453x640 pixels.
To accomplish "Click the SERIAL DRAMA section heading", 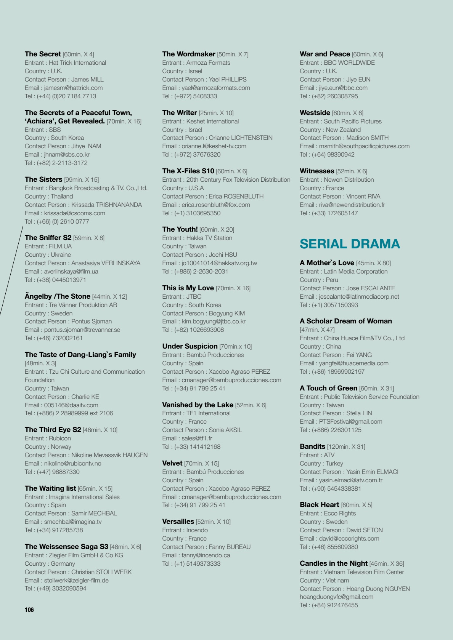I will point(350,244).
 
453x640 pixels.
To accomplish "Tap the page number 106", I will point(29,610).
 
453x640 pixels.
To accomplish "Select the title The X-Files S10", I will point(188,171).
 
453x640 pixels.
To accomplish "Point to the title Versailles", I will point(178,522).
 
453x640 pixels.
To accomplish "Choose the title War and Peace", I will point(325,54).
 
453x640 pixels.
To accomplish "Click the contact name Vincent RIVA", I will point(363,196).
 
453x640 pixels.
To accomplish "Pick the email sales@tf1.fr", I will point(197,438).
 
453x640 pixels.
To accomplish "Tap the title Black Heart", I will point(319,505).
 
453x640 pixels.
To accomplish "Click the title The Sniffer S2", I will point(48,238).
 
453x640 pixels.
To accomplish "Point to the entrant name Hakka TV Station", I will point(209,238).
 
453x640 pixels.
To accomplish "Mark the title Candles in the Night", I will point(334,563).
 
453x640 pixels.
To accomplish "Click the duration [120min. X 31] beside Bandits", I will point(346,446).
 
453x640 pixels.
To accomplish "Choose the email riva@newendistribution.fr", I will point(352,205).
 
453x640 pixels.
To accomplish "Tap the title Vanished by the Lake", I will point(198,405).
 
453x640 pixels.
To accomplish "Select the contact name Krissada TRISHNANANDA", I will point(106,205).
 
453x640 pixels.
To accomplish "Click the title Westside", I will point(315,113).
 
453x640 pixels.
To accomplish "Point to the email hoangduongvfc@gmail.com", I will point(336,597).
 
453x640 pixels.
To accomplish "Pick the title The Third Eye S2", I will point(53,430).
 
